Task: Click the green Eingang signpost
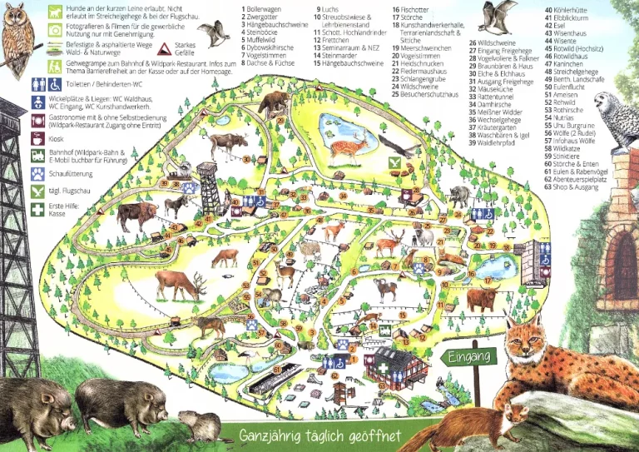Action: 471,357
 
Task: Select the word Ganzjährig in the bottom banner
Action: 274,435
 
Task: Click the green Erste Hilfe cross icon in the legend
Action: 38,209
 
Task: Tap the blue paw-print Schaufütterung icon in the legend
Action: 38,173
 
